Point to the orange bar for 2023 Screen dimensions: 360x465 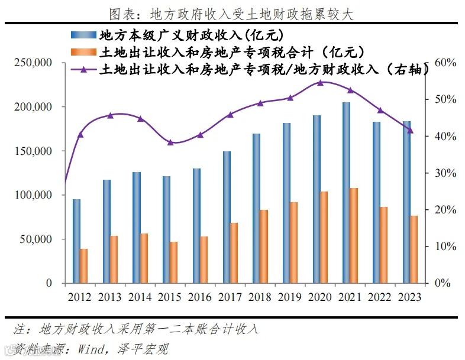point(414,249)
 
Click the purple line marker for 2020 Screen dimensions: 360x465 point(320,83)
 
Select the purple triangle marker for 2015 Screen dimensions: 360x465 point(170,142)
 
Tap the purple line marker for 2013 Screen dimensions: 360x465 point(110,115)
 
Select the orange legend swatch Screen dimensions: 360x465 point(83,53)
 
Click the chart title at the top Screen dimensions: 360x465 point(232,13)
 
